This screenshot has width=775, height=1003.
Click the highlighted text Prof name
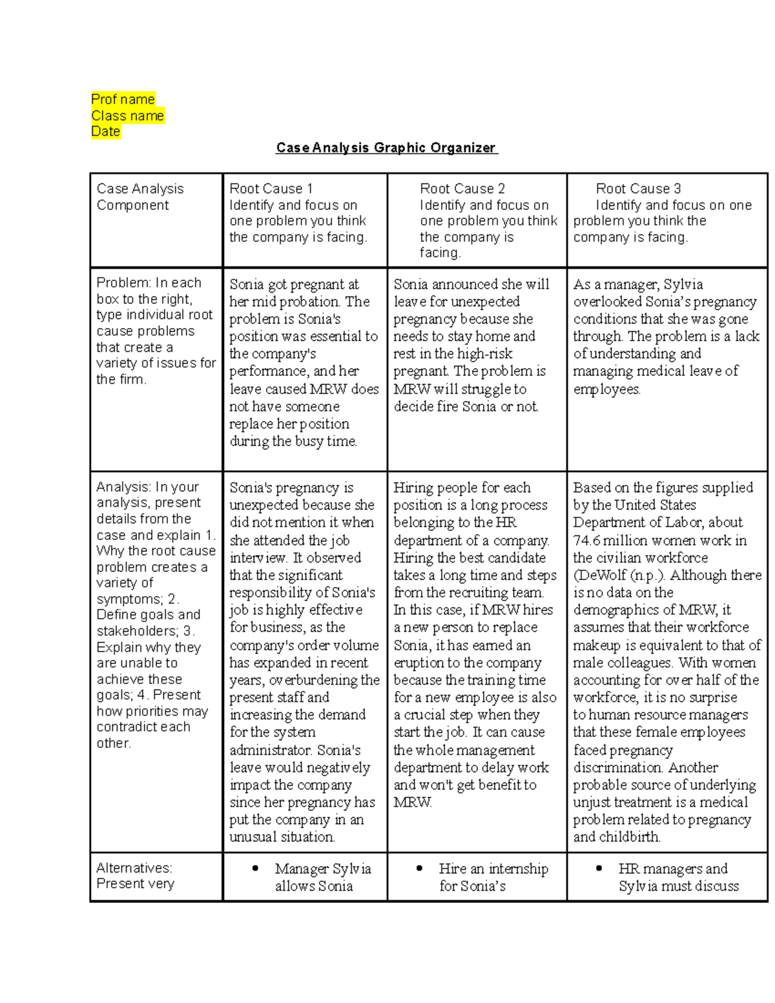[x=123, y=99]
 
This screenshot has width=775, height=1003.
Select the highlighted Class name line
[x=127, y=116]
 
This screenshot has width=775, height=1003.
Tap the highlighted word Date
[x=105, y=132]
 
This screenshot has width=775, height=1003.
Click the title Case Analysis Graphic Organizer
[x=386, y=148]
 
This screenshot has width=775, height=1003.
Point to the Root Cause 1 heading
[x=271, y=189]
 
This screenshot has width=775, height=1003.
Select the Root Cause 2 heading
[x=462, y=189]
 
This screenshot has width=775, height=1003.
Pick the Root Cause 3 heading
[x=637, y=189]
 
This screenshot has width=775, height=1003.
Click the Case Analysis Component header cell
[x=139, y=197]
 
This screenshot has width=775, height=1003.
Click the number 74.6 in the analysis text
[x=586, y=541]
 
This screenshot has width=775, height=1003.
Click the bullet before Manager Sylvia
[x=256, y=869]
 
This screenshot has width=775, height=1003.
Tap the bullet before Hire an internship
[x=420, y=869]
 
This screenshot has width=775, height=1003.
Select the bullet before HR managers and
[x=600, y=869]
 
